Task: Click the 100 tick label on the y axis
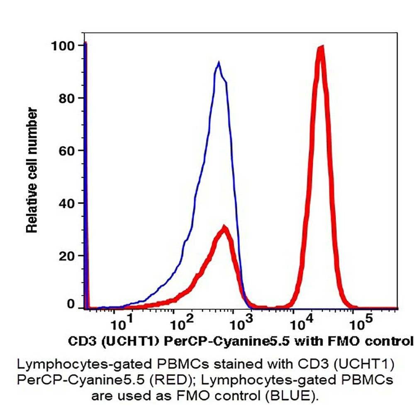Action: coord(63,45)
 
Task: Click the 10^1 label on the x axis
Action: coord(122,323)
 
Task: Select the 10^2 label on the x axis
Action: coord(182,323)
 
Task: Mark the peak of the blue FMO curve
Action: coord(218,63)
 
